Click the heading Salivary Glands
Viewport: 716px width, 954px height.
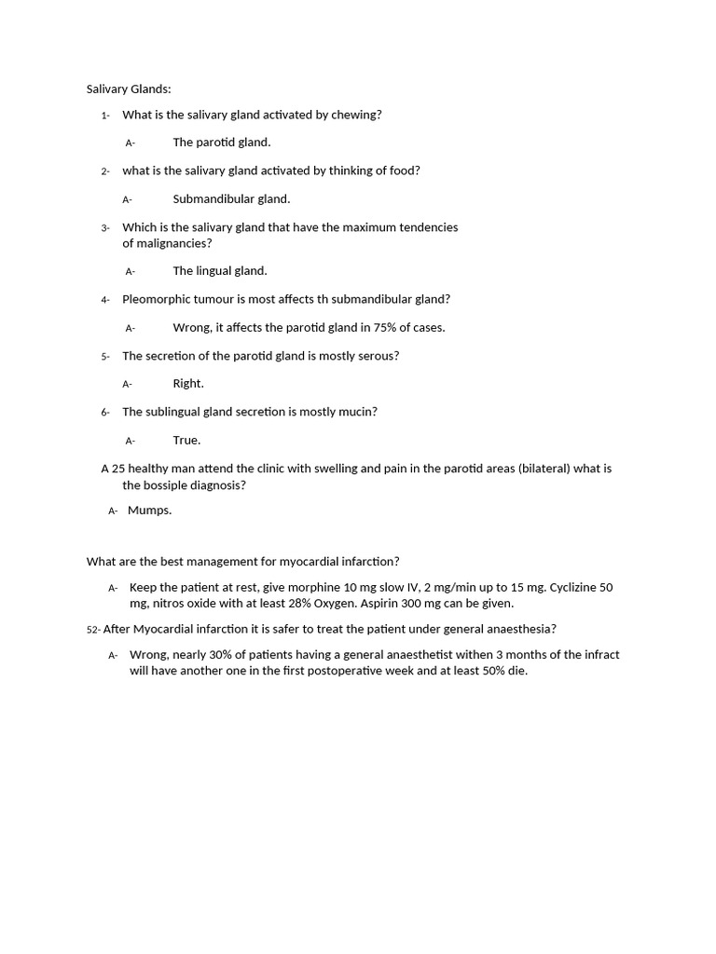coord(129,89)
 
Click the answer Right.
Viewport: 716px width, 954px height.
coord(188,384)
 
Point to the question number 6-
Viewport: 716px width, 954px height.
coord(105,412)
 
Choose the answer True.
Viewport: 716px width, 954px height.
coord(186,441)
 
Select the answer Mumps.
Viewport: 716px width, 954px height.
coord(149,511)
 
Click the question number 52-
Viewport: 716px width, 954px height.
coord(93,630)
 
